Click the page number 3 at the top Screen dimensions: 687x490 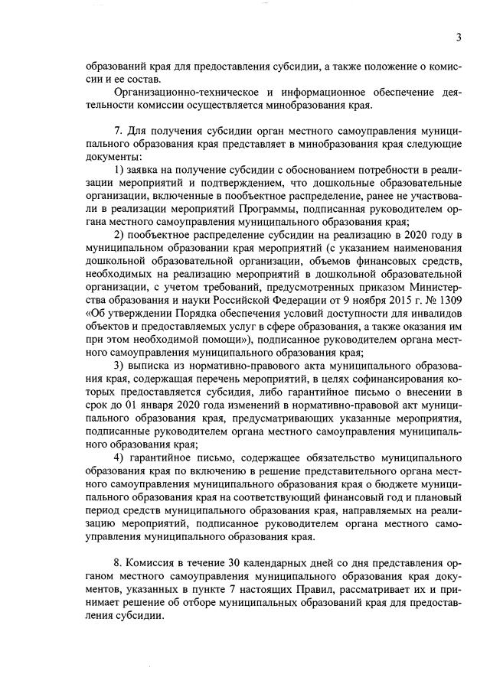(x=458, y=37)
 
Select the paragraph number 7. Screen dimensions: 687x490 (x=117, y=130)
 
